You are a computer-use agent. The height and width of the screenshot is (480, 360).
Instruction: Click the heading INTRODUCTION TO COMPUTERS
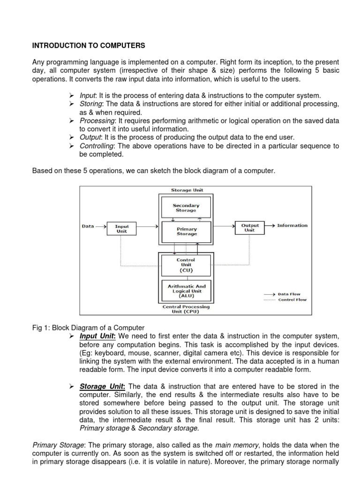[89, 46]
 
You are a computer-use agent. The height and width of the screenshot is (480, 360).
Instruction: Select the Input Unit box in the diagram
[122, 228]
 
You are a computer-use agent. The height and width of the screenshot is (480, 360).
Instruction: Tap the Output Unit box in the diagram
[250, 227]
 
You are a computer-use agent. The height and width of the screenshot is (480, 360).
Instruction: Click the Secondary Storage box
[186, 208]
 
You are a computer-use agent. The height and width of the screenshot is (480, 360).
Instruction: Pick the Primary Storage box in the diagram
[186, 231]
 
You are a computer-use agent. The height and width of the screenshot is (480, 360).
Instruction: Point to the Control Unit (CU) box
[186, 265]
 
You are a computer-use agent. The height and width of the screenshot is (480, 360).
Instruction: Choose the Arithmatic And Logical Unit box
[186, 291]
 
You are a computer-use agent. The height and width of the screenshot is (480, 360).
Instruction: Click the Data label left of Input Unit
[88, 226]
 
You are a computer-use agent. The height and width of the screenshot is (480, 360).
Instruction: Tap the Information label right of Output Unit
[292, 225]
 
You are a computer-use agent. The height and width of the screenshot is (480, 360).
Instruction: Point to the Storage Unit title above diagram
[186, 190]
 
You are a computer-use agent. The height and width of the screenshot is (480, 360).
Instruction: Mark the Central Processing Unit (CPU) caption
[186, 309]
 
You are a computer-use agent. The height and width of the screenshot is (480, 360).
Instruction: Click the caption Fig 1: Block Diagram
[88, 328]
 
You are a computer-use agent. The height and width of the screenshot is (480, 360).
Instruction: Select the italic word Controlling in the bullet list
[97, 146]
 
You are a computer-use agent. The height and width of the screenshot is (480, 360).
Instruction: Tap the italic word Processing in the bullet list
[96, 120]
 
